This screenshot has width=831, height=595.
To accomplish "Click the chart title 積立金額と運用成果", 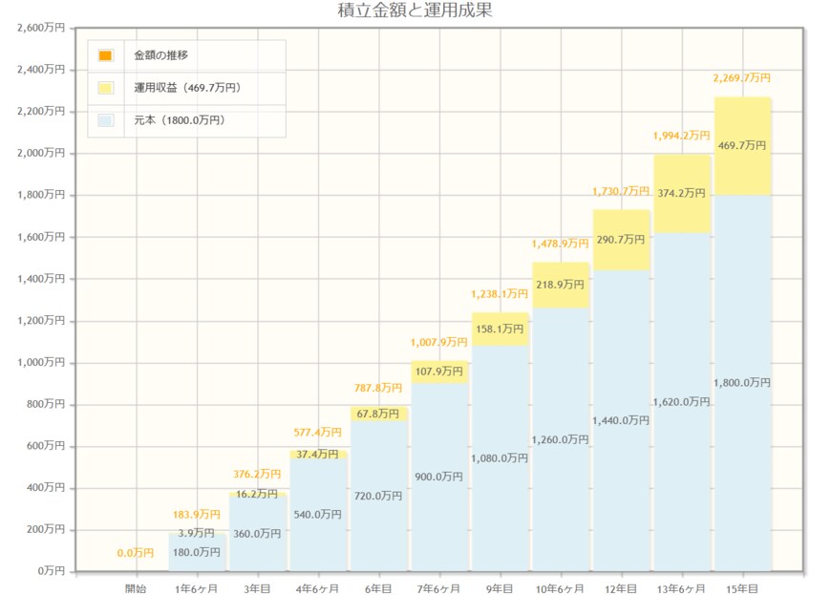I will pos(415,11).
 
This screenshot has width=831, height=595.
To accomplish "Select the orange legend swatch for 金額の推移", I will pos(105,55).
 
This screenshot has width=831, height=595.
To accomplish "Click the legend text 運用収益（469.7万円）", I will pos(187,88).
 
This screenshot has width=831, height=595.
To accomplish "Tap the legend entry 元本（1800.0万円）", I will pos(180,120).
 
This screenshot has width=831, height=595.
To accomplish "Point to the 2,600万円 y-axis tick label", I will pos(41,28).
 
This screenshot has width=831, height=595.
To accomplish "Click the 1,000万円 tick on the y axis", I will pos(41,362).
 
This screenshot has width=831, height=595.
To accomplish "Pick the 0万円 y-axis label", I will pos(49,571).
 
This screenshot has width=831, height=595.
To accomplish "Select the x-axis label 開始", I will pos(136,589).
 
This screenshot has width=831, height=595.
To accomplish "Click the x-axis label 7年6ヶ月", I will pos(439,589).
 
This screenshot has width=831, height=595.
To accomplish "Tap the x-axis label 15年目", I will pos(742,589).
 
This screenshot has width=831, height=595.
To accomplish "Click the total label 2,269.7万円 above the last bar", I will pos(742,78).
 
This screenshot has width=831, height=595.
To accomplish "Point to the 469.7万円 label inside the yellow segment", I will pos(742,145).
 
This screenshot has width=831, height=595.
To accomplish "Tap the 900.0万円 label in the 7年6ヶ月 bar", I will pos(439,477).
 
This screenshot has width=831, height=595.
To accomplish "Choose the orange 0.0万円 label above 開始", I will pos(136,553).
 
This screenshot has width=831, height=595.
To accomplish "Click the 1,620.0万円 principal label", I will pos(681,402).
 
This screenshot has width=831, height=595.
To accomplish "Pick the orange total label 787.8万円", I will pos(378,388).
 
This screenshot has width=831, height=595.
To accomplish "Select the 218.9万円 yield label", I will pos(560,286).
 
